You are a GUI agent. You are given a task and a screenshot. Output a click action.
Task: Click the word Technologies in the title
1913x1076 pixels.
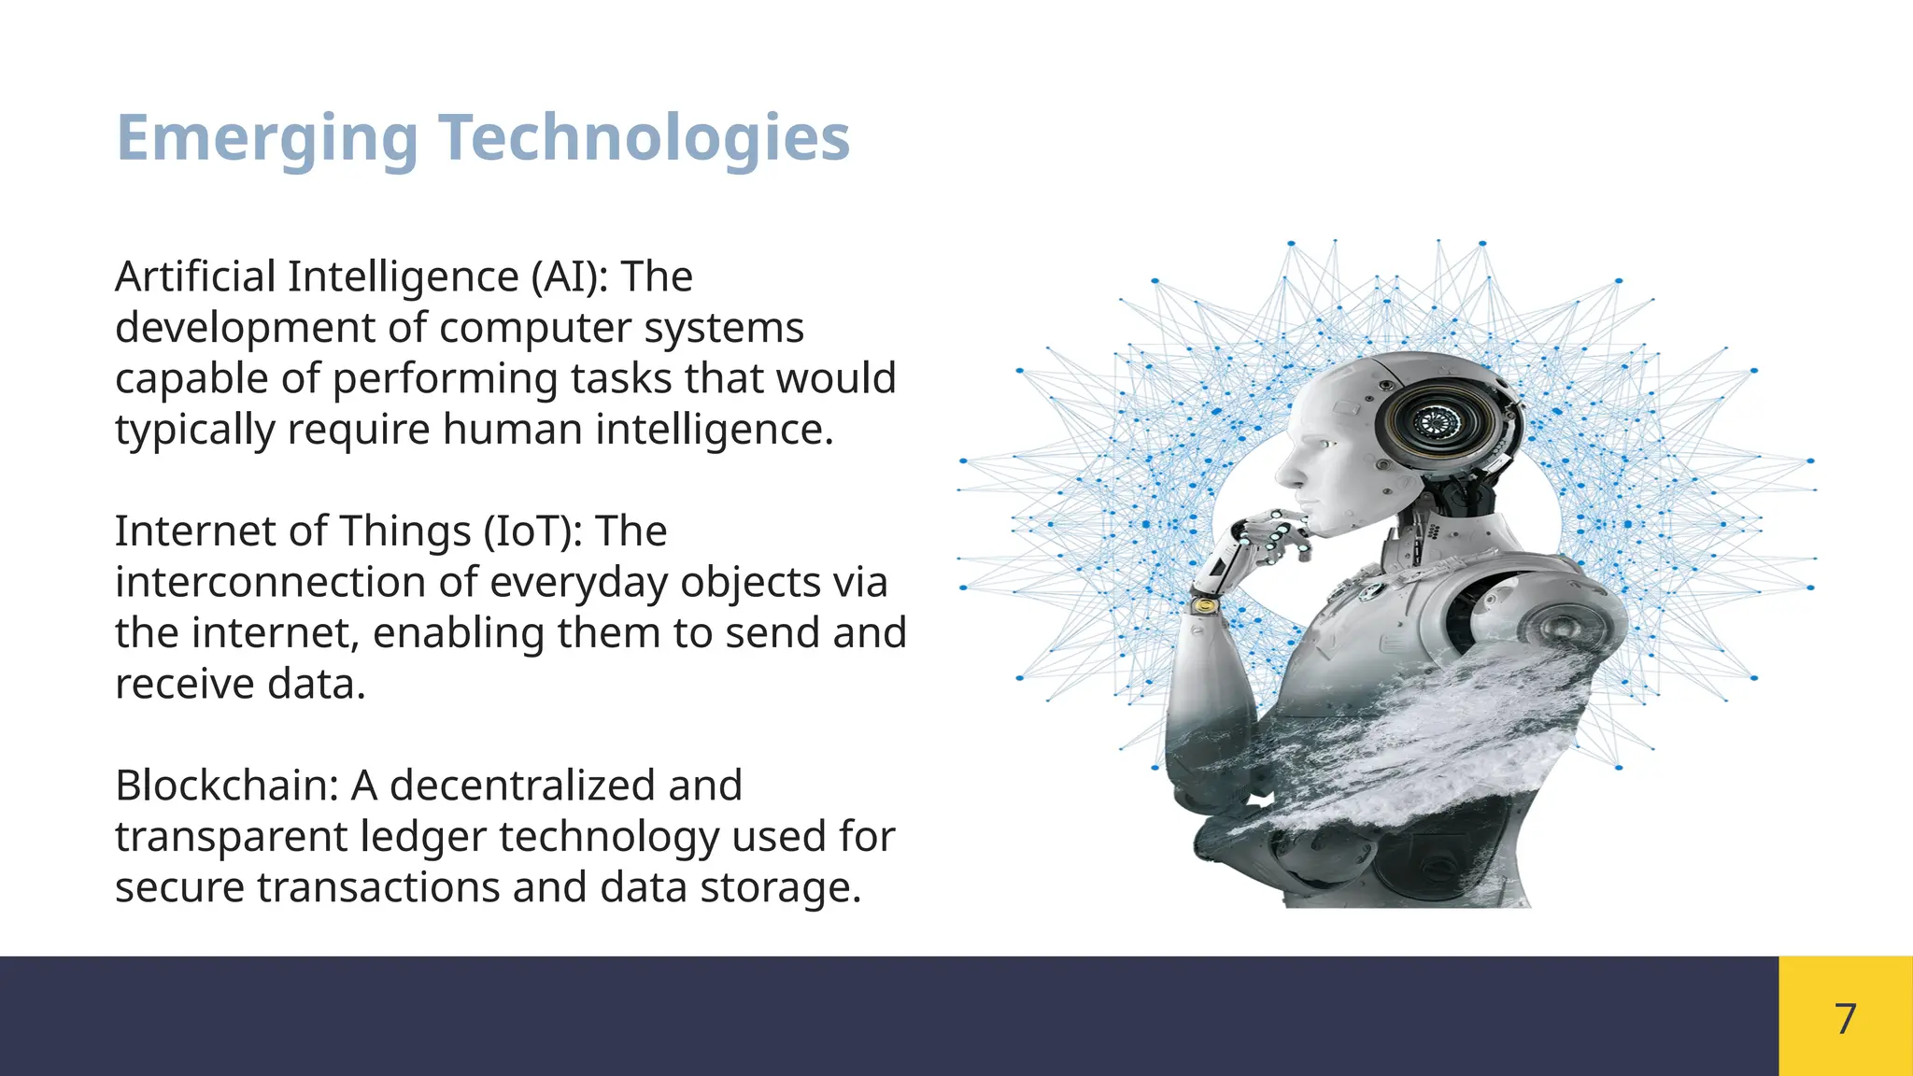[x=644, y=138]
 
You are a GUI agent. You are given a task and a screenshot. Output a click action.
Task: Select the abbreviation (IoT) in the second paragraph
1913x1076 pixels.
[x=533, y=532]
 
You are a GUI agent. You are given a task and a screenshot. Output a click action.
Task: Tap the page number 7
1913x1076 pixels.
[x=1845, y=1018]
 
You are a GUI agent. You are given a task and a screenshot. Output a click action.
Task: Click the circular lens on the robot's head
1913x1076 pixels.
[x=1430, y=423]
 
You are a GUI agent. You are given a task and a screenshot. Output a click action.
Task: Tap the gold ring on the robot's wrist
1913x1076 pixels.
[x=1206, y=606]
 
